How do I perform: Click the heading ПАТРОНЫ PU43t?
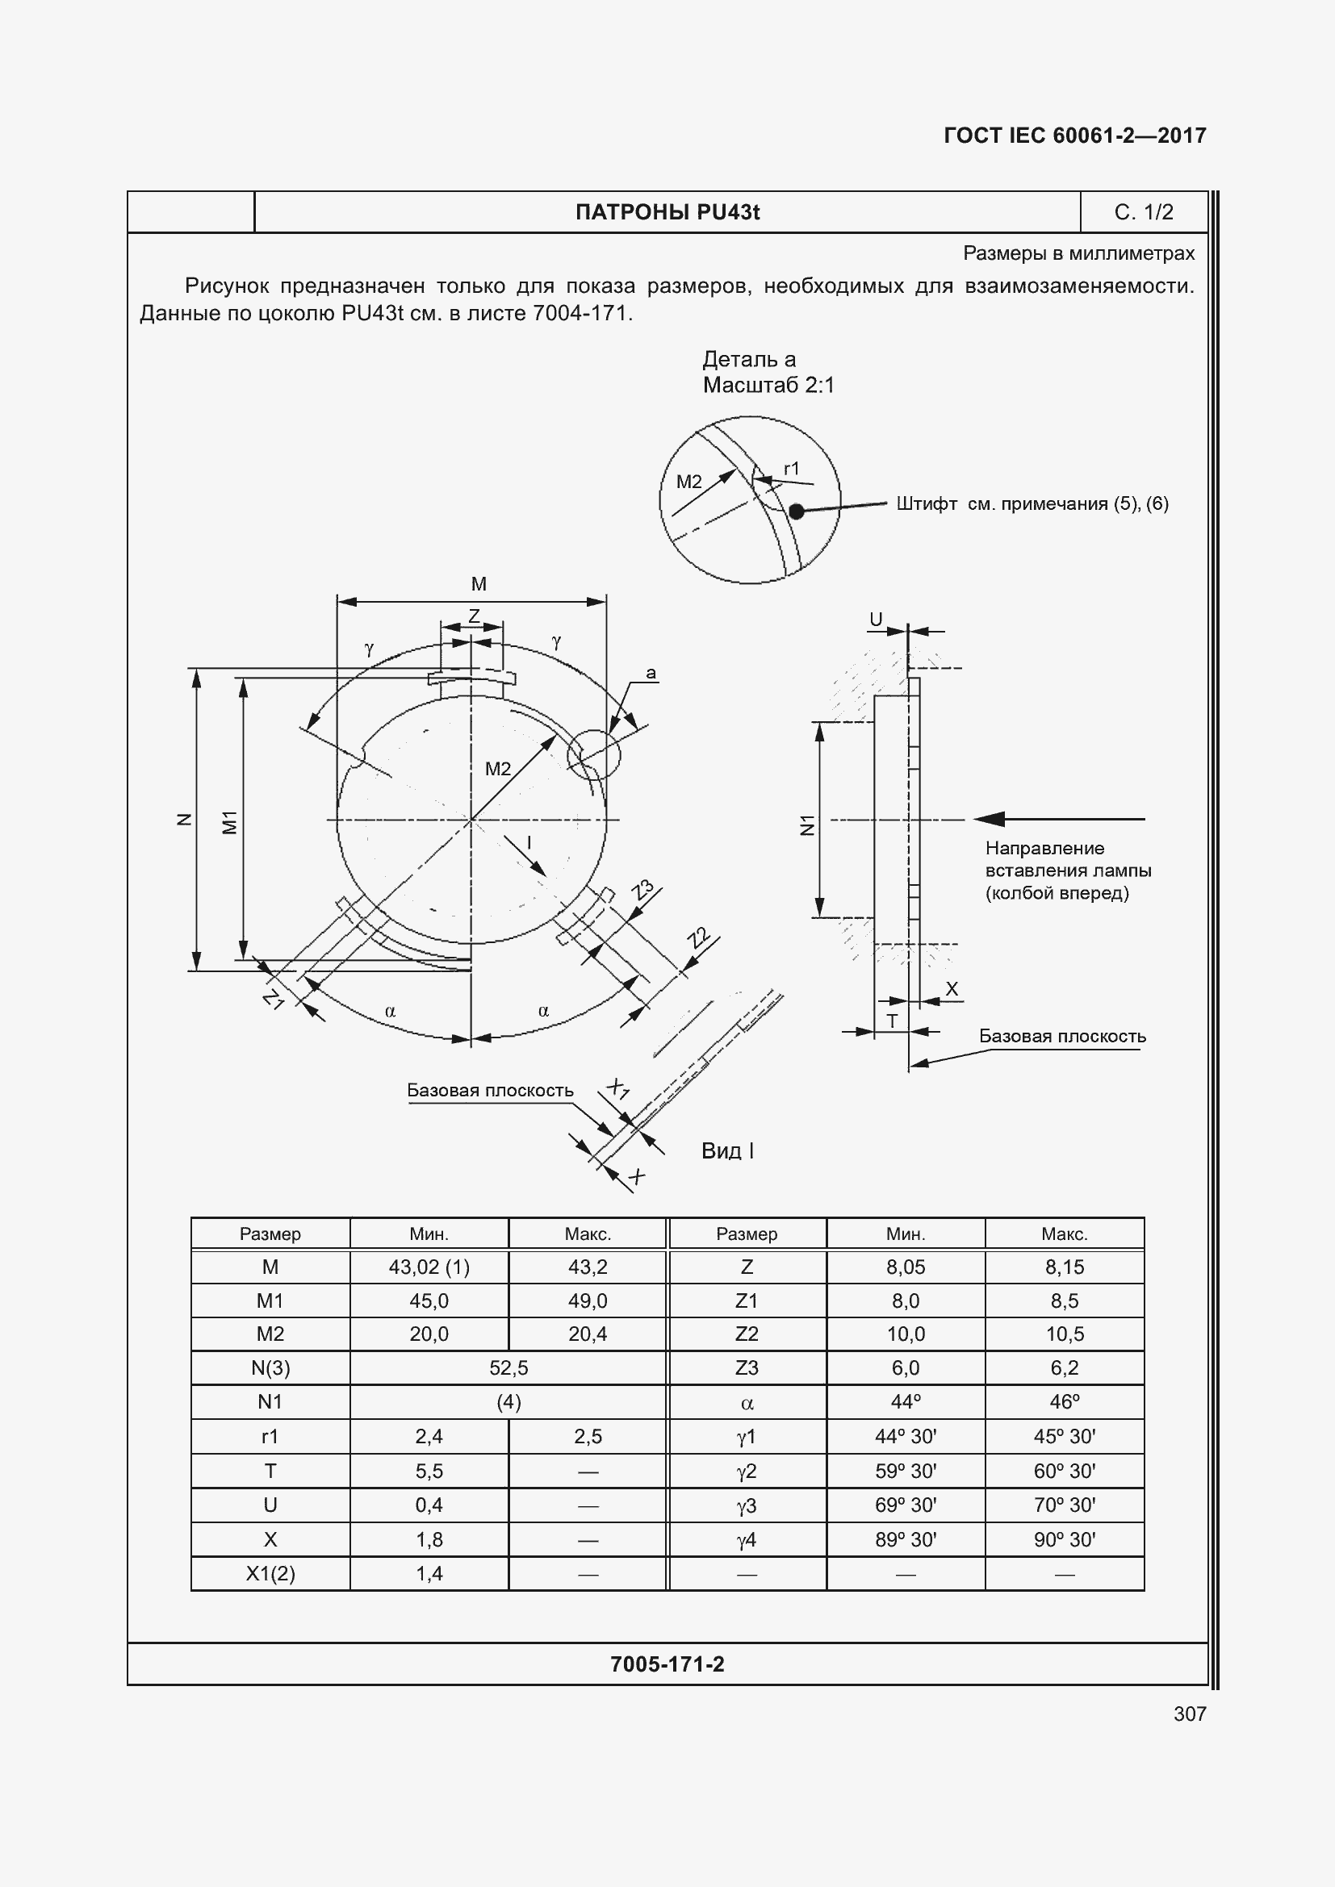click(x=667, y=212)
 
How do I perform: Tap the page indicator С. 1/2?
click(x=1143, y=212)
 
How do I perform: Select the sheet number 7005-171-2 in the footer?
click(x=667, y=1664)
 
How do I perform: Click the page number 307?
click(x=1190, y=1714)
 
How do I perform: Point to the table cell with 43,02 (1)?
click(x=429, y=1267)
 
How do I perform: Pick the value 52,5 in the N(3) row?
click(x=508, y=1367)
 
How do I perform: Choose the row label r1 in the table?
click(x=270, y=1436)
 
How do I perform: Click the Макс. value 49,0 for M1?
click(x=587, y=1301)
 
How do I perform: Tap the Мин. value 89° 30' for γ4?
click(x=905, y=1539)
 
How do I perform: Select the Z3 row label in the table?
click(x=746, y=1367)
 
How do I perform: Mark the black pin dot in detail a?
click(x=796, y=511)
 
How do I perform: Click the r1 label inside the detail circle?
click(x=791, y=469)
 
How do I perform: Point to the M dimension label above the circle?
click(x=479, y=584)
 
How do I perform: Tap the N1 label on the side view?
click(x=807, y=825)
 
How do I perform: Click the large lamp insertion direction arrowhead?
click(x=989, y=819)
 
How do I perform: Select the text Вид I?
click(x=727, y=1150)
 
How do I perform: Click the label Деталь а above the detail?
click(x=748, y=359)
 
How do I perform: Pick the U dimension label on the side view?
click(x=876, y=620)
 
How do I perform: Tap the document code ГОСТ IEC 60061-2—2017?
click(x=1074, y=136)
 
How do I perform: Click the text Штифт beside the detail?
click(x=926, y=503)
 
